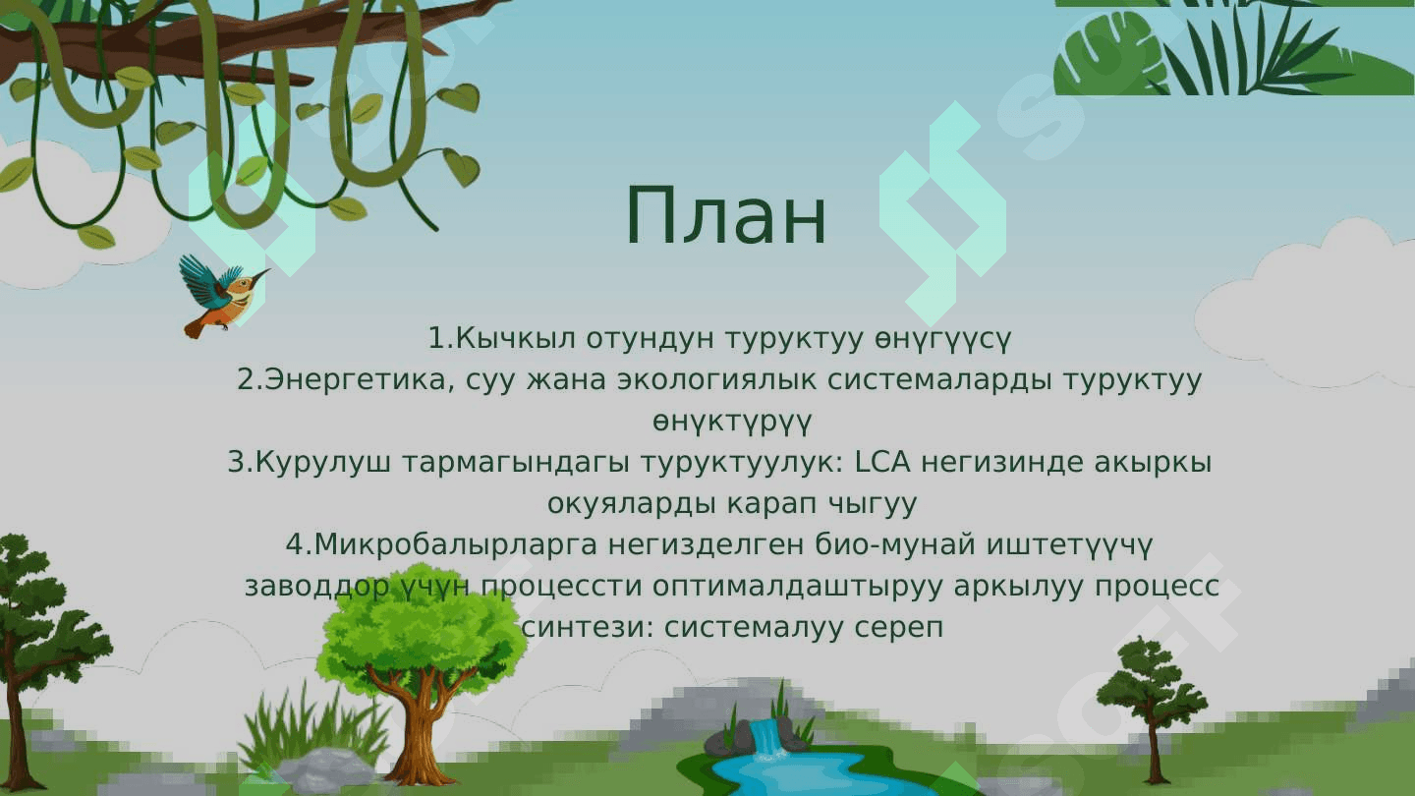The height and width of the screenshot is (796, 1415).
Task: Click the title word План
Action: (726, 216)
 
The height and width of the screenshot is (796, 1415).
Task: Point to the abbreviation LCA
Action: (881, 462)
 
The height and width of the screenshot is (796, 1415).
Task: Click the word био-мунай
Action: (895, 544)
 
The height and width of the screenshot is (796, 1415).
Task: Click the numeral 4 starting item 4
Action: (294, 544)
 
